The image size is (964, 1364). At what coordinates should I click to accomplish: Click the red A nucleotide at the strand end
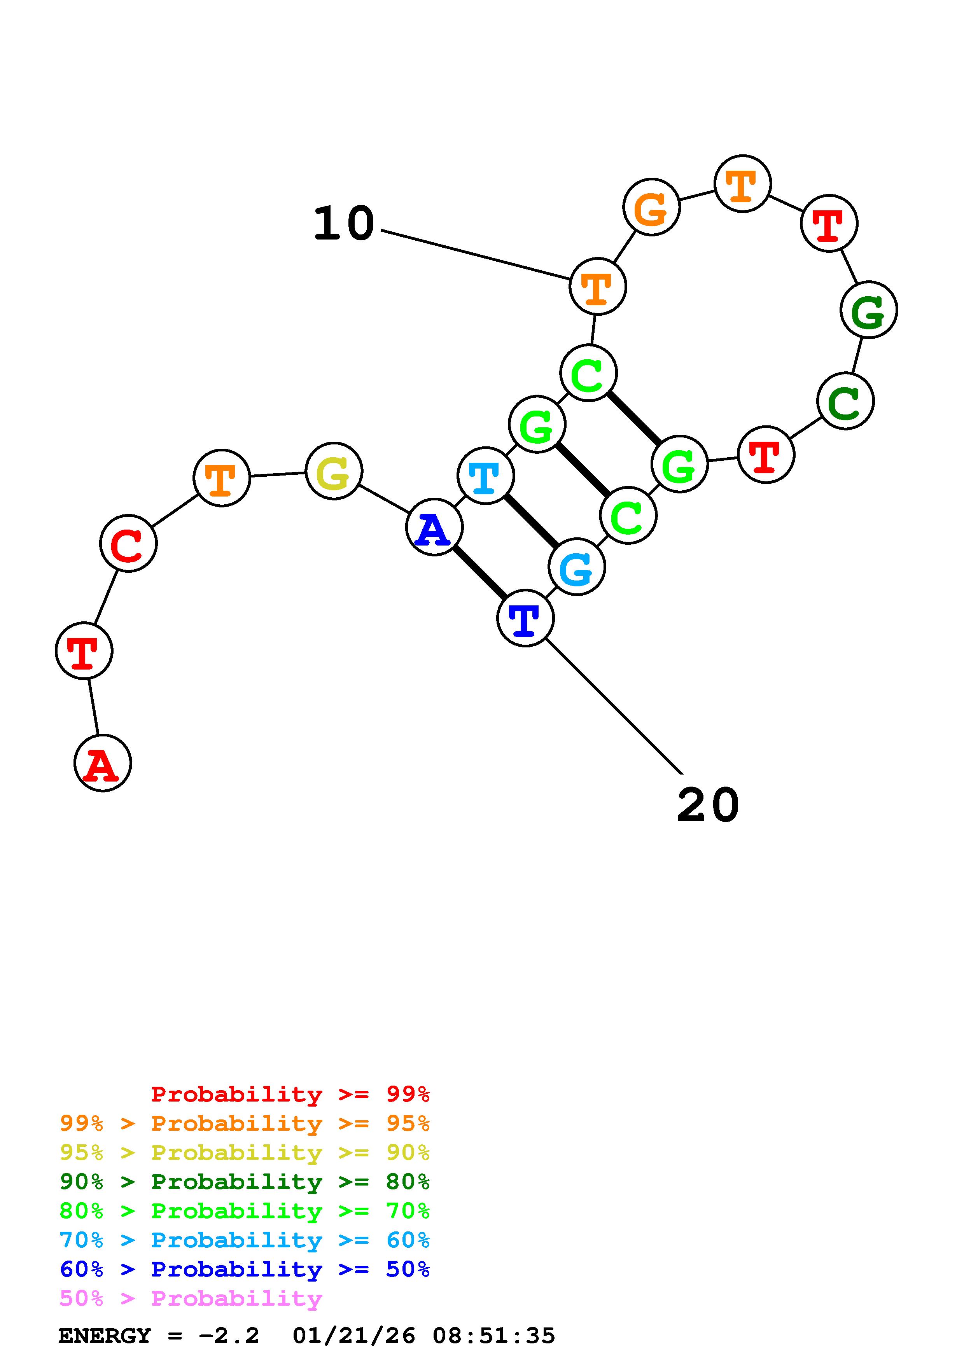(x=102, y=763)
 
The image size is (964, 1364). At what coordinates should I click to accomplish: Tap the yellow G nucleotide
(x=334, y=471)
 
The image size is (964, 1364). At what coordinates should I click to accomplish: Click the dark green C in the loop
(x=845, y=401)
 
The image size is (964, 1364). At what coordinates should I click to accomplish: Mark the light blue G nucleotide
(x=576, y=567)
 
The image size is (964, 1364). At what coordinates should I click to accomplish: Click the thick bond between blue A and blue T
(x=479, y=573)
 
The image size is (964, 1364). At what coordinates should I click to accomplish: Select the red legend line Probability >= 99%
(x=290, y=1094)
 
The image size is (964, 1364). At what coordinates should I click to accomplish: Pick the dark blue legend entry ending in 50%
(x=244, y=1269)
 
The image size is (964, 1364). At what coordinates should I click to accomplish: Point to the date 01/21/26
(x=353, y=1336)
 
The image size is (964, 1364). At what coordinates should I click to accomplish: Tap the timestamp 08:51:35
(x=493, y=1336)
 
